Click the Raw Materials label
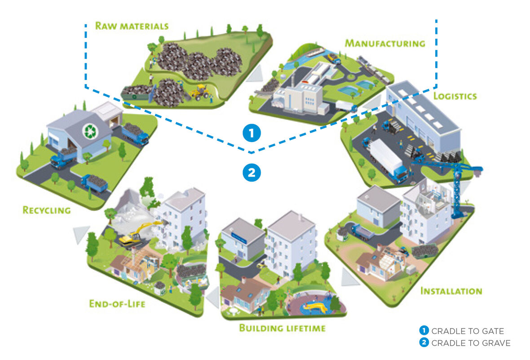(x=132, y=25)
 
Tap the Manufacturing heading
(x=384, y=44)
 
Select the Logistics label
(x=455, y=96)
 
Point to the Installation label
(x=451, y=291)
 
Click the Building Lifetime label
(x=282, y=328)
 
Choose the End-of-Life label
(x=117, y=304)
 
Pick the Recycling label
(x=47, y=210)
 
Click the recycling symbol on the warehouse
(x=90, y=131)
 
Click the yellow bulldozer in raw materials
(x=199, y=92)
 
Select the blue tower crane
(x=454, y=180)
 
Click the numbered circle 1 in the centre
(x=252, y=133)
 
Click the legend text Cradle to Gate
(x=467, y=331)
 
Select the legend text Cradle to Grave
(x=471, y=343)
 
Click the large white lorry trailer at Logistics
(x=387, y=157)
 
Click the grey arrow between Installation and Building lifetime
(x=349, y=277)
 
